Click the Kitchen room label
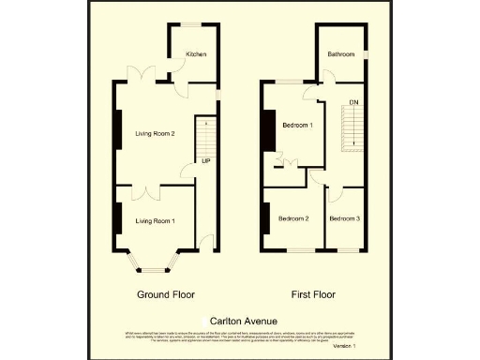(x=196, y=54)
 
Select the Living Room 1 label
(x=154, y=220)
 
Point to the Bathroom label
(x=340, y=54)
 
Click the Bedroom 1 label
(x=298, y=125)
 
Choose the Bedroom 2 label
(x=293, y=218)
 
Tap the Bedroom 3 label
(x=344, y=218)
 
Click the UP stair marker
(x=205, y=160)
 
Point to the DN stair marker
(x=353, y=101)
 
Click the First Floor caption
(x=313, y=294)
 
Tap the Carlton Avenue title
(x=241, y=319)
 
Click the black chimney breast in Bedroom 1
(x=268, y=130)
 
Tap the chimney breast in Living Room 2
(x=118, y=130)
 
